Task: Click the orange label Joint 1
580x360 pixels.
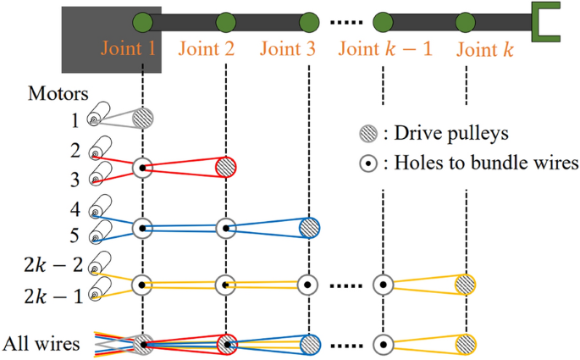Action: pos(128,49)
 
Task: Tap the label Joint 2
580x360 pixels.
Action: pos(207,49)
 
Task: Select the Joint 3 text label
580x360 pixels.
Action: pos(287,49)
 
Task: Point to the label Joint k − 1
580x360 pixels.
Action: pos(385,49)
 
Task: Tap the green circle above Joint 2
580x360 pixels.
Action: pos(225,21)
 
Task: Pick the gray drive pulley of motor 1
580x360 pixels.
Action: pos(143,118)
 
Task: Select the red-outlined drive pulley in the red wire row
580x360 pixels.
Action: pos(225,168)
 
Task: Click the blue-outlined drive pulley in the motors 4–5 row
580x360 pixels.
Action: pos(309,228)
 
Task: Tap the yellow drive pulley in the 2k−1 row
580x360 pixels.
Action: pos(466,285)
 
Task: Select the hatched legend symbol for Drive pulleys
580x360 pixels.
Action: pos(364,133)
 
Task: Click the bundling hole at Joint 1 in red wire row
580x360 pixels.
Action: pos(143,169)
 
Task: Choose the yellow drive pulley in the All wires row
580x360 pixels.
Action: pos(466,345)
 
